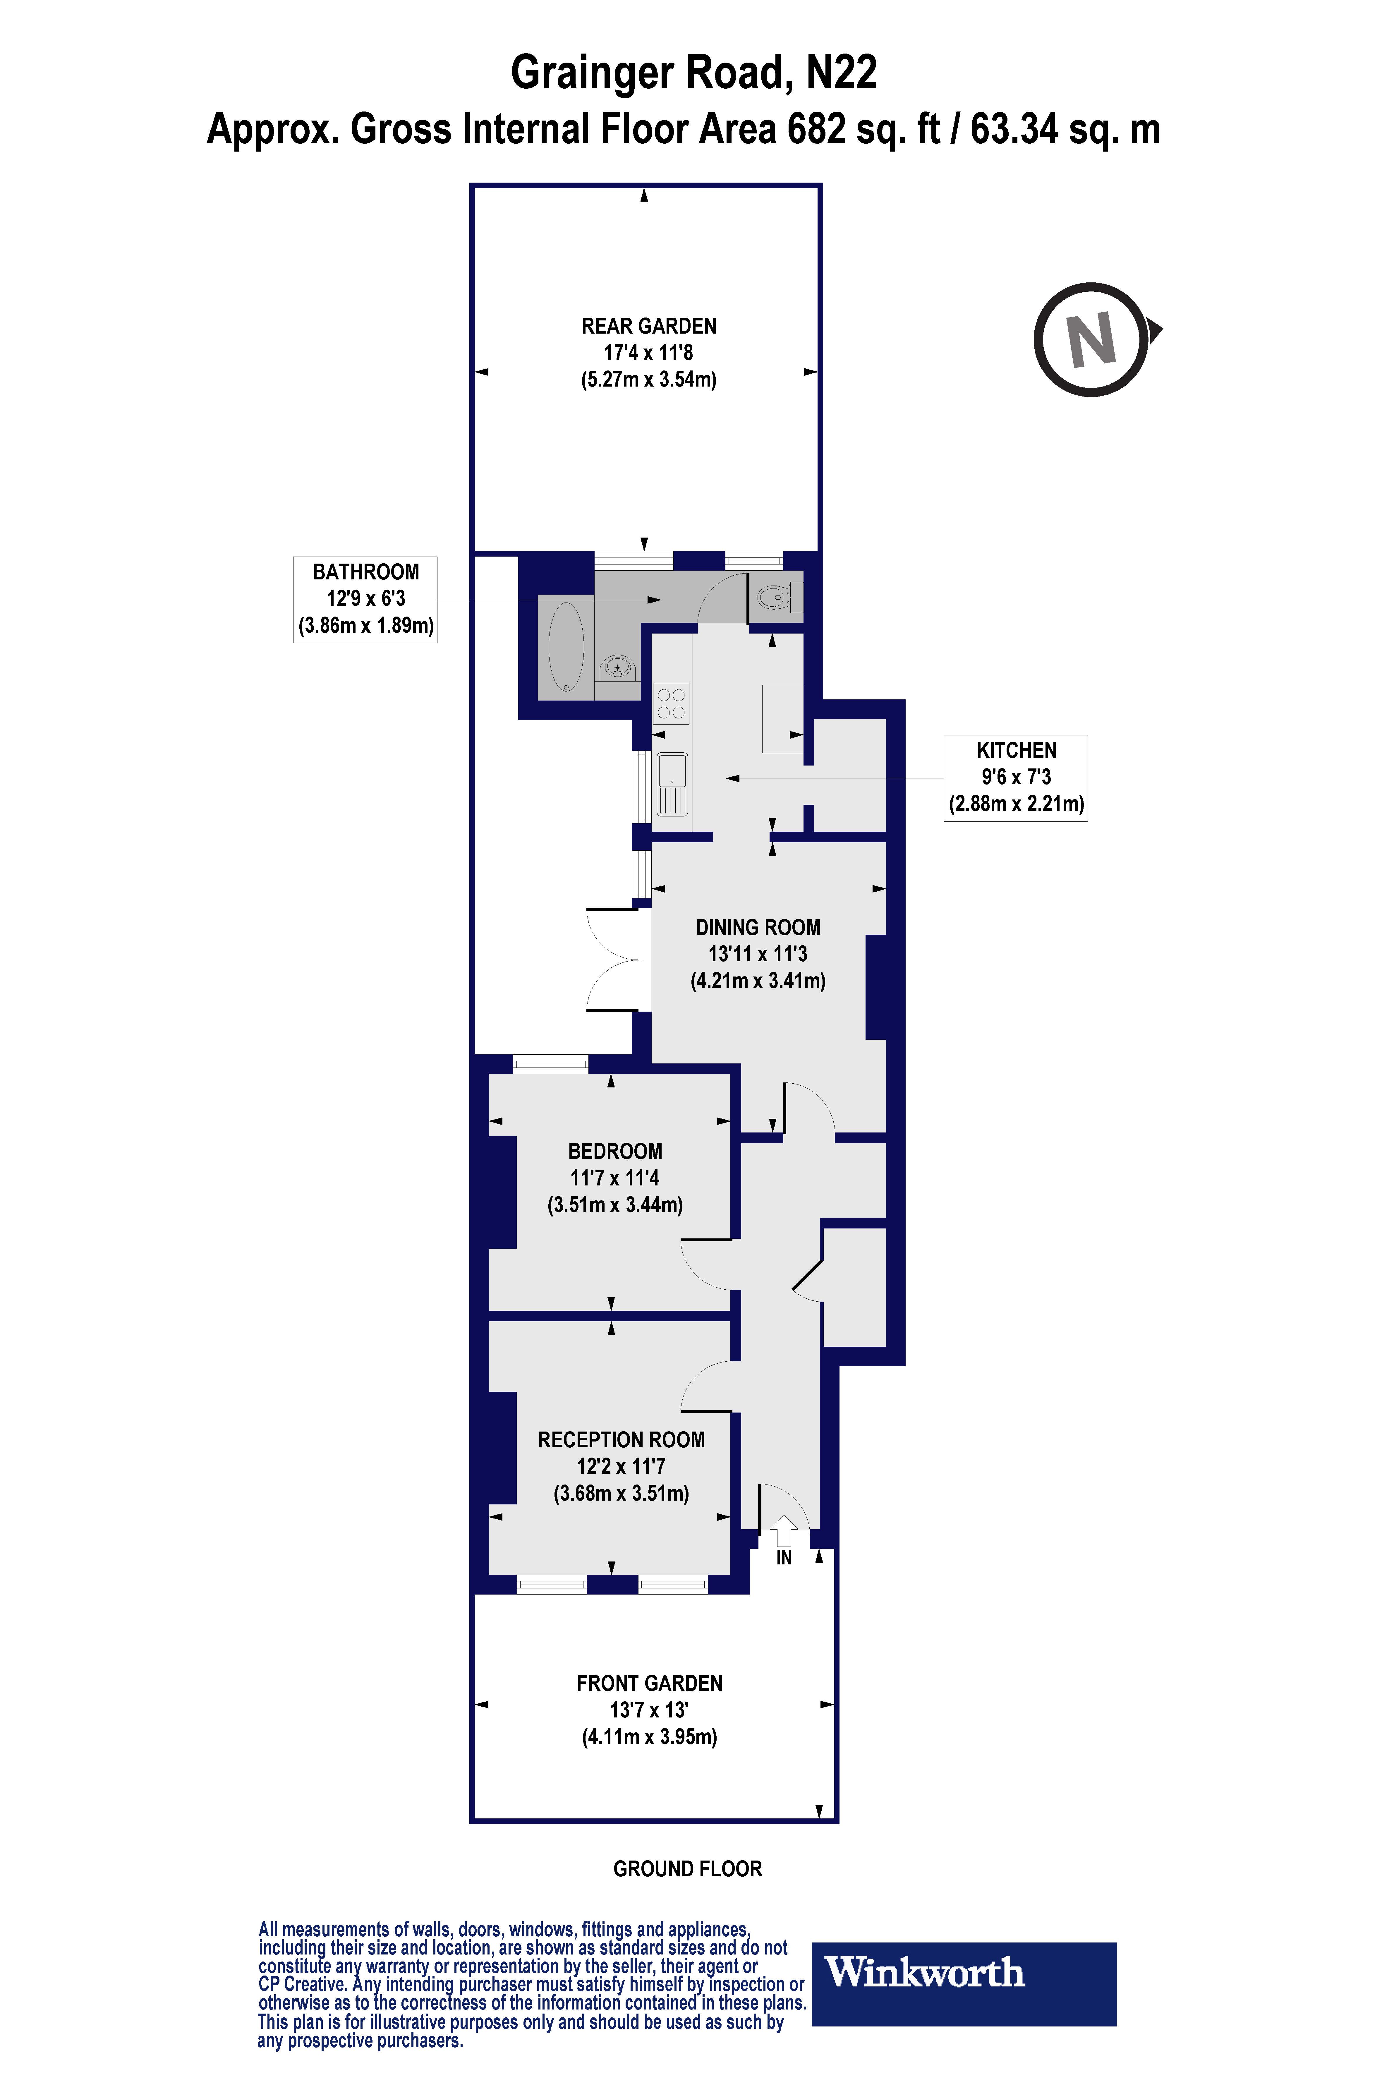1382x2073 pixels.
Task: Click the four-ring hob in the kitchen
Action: pos(671,703)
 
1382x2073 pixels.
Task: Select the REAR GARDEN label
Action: pos(649,326)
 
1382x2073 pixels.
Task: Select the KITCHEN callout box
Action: pos(1015,777)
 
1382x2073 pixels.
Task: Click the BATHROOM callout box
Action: pos(365,598)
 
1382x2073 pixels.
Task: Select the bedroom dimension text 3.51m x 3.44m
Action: pos(615,1205)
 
